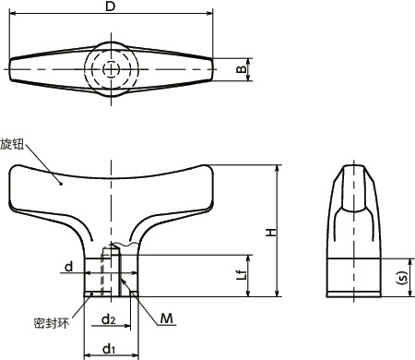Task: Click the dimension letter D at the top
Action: tap(111, 7)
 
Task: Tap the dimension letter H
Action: tap(270, 232)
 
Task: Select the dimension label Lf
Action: tap(240, 273)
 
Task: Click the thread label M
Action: tap(166, 319)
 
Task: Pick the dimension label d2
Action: tap(109, 320)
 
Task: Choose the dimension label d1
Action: tap(109, 347)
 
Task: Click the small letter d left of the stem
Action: tap(68, 268)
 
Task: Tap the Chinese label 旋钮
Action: tap(14, 145)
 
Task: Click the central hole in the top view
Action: tap(111, 69)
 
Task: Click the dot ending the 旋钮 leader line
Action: tap(61, 183)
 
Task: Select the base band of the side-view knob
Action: tap(354, 276)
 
